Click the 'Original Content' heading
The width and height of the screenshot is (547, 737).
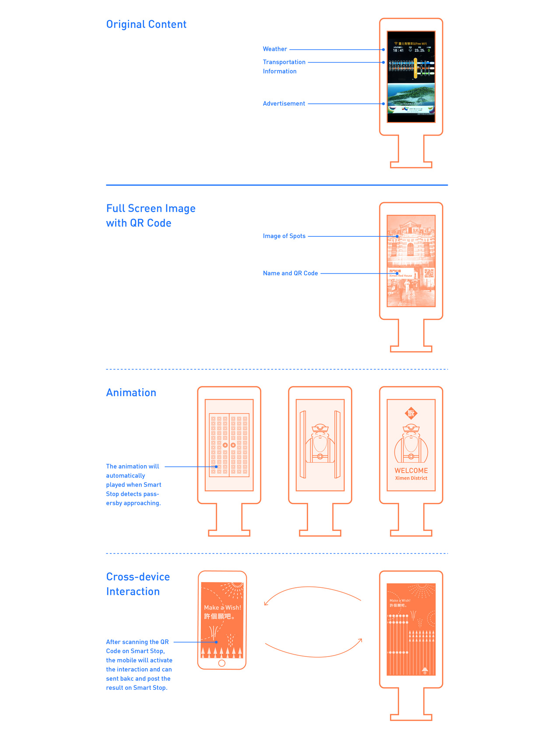[146, 25]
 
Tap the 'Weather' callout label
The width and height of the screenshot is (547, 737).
[275, 49]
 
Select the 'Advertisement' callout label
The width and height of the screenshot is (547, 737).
[284, 104]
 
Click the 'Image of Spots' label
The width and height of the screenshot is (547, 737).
[284, 236]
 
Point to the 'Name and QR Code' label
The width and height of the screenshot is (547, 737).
[290, 273]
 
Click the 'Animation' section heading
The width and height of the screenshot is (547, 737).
[131, 393]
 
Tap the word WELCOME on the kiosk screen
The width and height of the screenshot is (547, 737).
[411, 470]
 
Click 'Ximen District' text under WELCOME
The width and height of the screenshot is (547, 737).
[411, 478]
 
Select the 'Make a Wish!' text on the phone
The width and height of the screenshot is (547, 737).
[222, 607]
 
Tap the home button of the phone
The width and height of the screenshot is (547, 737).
[222, 663]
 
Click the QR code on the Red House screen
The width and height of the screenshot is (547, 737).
[429, 274]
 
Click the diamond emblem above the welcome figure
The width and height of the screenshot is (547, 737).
[411, 413]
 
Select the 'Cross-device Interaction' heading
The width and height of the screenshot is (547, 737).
[138, 584]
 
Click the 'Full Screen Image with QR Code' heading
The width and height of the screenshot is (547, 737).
[151, 215]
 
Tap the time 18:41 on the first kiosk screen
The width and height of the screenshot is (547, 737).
[398, 50]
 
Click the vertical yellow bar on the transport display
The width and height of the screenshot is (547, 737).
[415, 68]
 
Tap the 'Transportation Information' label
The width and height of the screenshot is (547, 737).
[284, 67]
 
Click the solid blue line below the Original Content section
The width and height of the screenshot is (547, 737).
[277, 185]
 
